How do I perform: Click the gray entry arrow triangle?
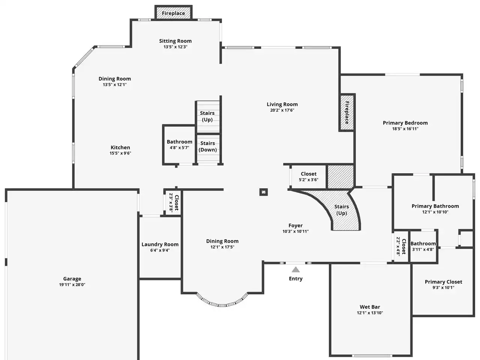(x=295, y=270)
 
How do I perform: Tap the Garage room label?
(x=72, y=279)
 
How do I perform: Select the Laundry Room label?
(x=160, y=244)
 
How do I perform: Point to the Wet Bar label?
(x=370, y=307)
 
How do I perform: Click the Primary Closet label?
(x=444, y=282)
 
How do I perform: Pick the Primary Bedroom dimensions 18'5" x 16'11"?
(x=405, y=129)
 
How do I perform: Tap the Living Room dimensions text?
(x=282, y=110)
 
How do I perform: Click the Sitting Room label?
(x=175, y=41)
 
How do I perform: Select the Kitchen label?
(x=120, y=147)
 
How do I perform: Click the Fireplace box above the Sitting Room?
(x=173, y=13)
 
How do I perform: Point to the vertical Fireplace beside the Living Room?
(x=346, y=112)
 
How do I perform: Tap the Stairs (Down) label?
(x=207, y=147)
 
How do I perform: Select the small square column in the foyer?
(x=264, y=192)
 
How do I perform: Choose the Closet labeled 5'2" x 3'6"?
(x=309, y=177)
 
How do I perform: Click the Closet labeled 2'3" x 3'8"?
(x=172, y=203)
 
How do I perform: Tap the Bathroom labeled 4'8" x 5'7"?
(x=179, y=144)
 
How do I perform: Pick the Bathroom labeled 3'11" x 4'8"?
(x=423, y=246)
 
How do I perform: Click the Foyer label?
(x=295, y=225)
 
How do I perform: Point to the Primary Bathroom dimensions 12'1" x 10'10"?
(x=435, y=212)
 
